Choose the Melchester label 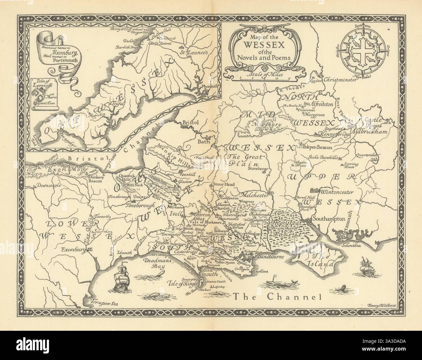254,196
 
